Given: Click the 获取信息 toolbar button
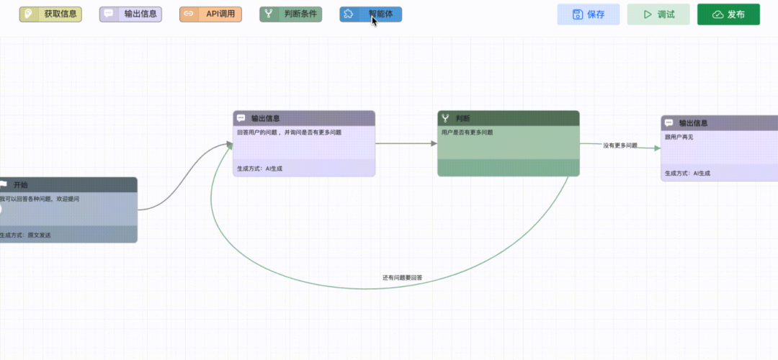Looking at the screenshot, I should [50, 14].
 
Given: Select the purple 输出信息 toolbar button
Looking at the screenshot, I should [130, 14].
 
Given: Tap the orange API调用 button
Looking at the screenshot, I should [210, 14].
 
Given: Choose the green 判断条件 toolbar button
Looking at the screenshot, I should [290, 14].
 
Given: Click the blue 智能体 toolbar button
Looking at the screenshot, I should [370, 14].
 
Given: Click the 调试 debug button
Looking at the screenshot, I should [658, 14].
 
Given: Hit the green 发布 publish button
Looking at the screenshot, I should [728, 14].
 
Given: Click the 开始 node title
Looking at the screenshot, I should [21, 185].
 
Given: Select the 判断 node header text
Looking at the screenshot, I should [463, 118].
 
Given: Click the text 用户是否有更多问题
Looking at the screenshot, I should [467, 132].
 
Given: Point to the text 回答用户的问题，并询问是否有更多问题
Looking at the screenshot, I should [289, 132].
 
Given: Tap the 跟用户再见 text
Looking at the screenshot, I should [679, 138].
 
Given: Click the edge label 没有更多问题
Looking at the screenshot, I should [620, 145].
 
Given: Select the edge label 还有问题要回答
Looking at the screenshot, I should [403, 277].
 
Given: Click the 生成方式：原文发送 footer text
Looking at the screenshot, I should [20, 235].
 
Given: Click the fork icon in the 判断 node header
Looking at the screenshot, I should [445, 118].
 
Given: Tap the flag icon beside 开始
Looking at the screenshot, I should [4, 185].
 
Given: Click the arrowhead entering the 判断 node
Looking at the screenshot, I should [434, 143].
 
